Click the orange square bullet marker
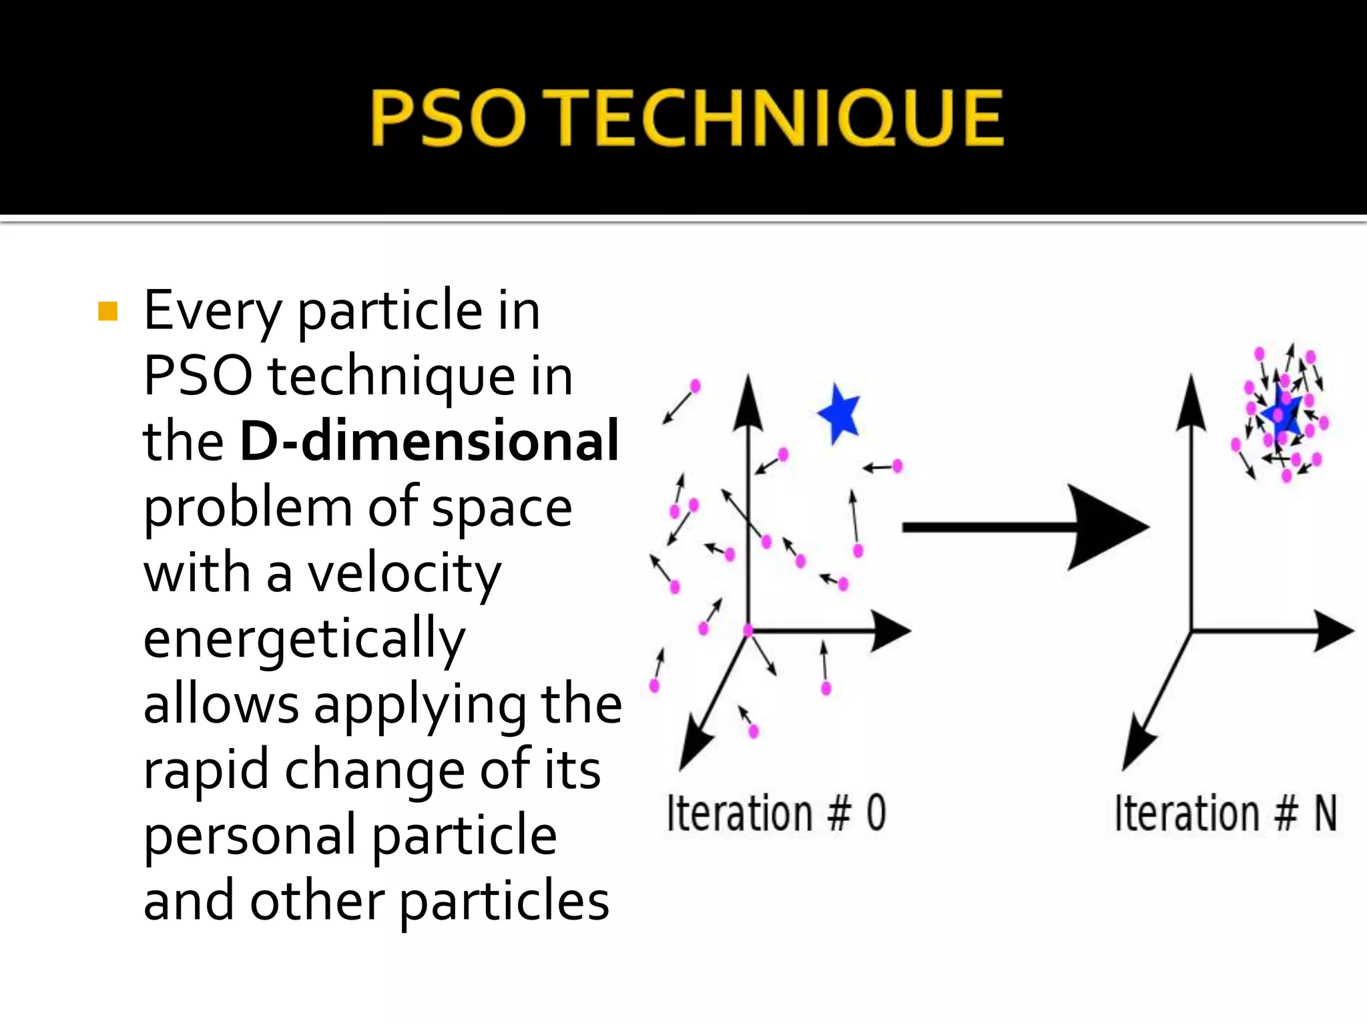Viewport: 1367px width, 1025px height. (107, 312)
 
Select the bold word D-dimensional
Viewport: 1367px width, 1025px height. (429, 441)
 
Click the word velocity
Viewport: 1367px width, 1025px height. (404, 575)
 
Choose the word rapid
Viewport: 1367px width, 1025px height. (206, 769)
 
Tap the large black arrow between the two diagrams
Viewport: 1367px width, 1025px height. (1025, 527)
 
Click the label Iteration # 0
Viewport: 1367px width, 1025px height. (776, 813)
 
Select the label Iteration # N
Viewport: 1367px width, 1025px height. (1225, 813)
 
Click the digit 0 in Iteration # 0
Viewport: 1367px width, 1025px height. (876, 813)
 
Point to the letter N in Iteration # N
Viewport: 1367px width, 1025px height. (1326, 813)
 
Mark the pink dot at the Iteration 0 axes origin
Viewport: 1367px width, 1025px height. (748, 630)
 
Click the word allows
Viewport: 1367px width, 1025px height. (221, 705)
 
